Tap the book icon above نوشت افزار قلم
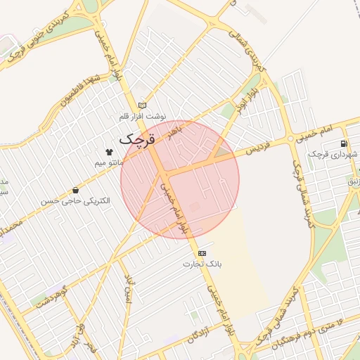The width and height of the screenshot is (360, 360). point(143,105)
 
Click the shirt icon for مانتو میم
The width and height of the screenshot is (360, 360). point(109,151)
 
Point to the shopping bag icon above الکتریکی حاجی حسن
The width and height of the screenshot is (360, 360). point(75,191)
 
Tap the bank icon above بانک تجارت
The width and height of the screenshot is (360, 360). point(202,253)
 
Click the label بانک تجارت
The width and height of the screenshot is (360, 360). point(202,264)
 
